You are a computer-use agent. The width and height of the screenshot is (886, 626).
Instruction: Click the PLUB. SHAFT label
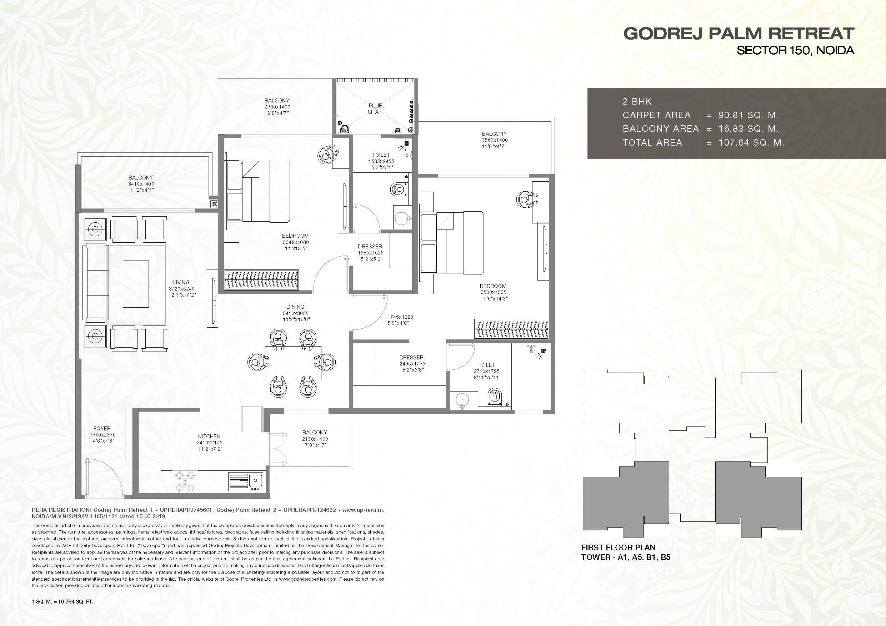(x=376, y=108)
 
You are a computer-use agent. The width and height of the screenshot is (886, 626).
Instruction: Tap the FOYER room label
(x=102, y=428)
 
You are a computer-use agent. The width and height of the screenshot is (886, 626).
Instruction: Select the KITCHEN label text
(x=209, y=436)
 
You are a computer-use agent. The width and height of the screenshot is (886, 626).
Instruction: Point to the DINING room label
(x=295, y=307)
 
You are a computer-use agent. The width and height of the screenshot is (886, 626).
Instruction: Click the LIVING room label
(x=181, y=282)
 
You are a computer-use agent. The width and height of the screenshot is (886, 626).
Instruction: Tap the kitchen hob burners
(x=185, y=482)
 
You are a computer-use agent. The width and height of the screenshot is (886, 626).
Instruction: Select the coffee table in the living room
(x=136, y=284)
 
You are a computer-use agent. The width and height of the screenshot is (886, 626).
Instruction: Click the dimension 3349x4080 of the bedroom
(x=296, y=242)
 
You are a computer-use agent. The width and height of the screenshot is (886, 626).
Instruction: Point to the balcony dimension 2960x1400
(x=277, y=107)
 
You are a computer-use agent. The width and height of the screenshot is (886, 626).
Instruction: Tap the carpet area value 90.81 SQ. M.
(x=748, y=115)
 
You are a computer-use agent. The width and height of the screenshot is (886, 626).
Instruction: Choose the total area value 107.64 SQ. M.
(x=751, y=143)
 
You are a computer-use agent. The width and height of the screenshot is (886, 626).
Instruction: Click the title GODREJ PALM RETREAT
(x=739, y=34)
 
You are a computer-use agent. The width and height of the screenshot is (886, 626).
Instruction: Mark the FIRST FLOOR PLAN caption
(x=618, y=547)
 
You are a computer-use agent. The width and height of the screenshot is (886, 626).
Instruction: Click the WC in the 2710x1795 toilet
(x=495, y=397)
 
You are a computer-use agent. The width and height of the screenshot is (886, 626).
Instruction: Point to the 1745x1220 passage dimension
(x=400, y=317)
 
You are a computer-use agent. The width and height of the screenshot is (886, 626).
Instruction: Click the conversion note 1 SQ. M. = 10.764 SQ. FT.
(x=62, y=602)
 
